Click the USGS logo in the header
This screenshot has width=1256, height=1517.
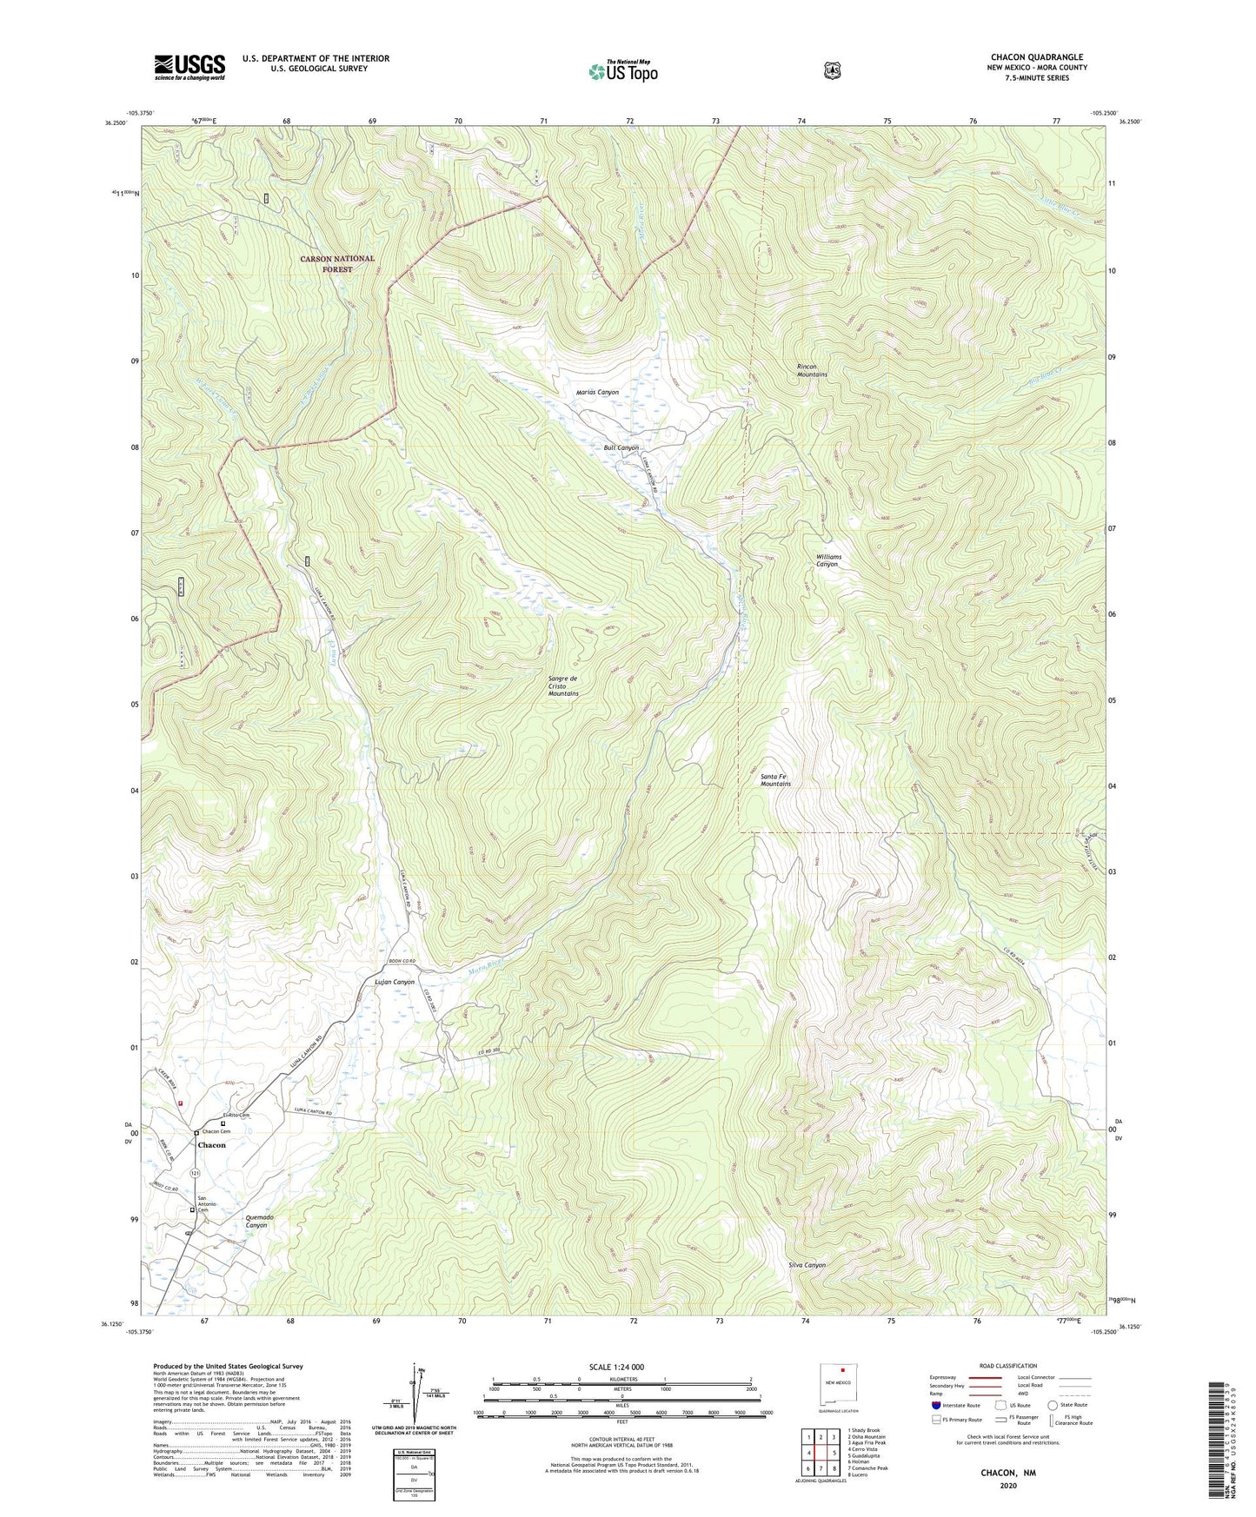[189, 67]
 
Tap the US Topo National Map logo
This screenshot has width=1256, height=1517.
[622, 71]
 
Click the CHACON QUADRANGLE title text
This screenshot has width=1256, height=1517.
[1036, 57]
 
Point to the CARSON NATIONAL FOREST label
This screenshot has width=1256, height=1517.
[337, 263]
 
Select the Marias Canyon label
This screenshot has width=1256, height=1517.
[597, 392]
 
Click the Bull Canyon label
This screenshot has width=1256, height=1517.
[621, 448]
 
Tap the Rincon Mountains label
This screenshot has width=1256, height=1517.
[812, 370]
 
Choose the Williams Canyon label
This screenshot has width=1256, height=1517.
[827, 560]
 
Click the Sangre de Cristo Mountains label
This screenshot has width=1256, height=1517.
[563, 686]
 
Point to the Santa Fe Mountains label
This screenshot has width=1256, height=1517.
[775, 780]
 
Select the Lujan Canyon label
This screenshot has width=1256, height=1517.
[394, 982]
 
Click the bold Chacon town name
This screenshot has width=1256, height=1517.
[211, 1145]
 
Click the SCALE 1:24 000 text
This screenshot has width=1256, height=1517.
[616, 1367]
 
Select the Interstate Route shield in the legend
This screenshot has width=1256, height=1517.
[935, 1405]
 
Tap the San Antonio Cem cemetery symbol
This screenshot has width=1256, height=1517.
[193, 1209]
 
